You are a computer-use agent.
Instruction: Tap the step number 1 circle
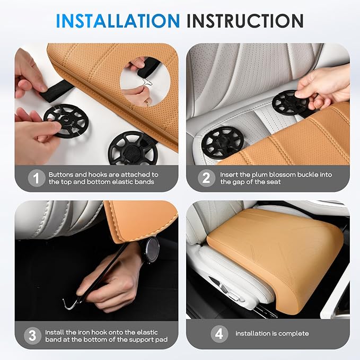36,178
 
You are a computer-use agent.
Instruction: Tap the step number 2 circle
206,178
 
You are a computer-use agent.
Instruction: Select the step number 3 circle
33,335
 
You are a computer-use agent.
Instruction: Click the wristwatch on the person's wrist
151,249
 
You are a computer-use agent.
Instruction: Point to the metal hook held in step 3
69,303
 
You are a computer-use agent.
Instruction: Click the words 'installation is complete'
272,333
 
